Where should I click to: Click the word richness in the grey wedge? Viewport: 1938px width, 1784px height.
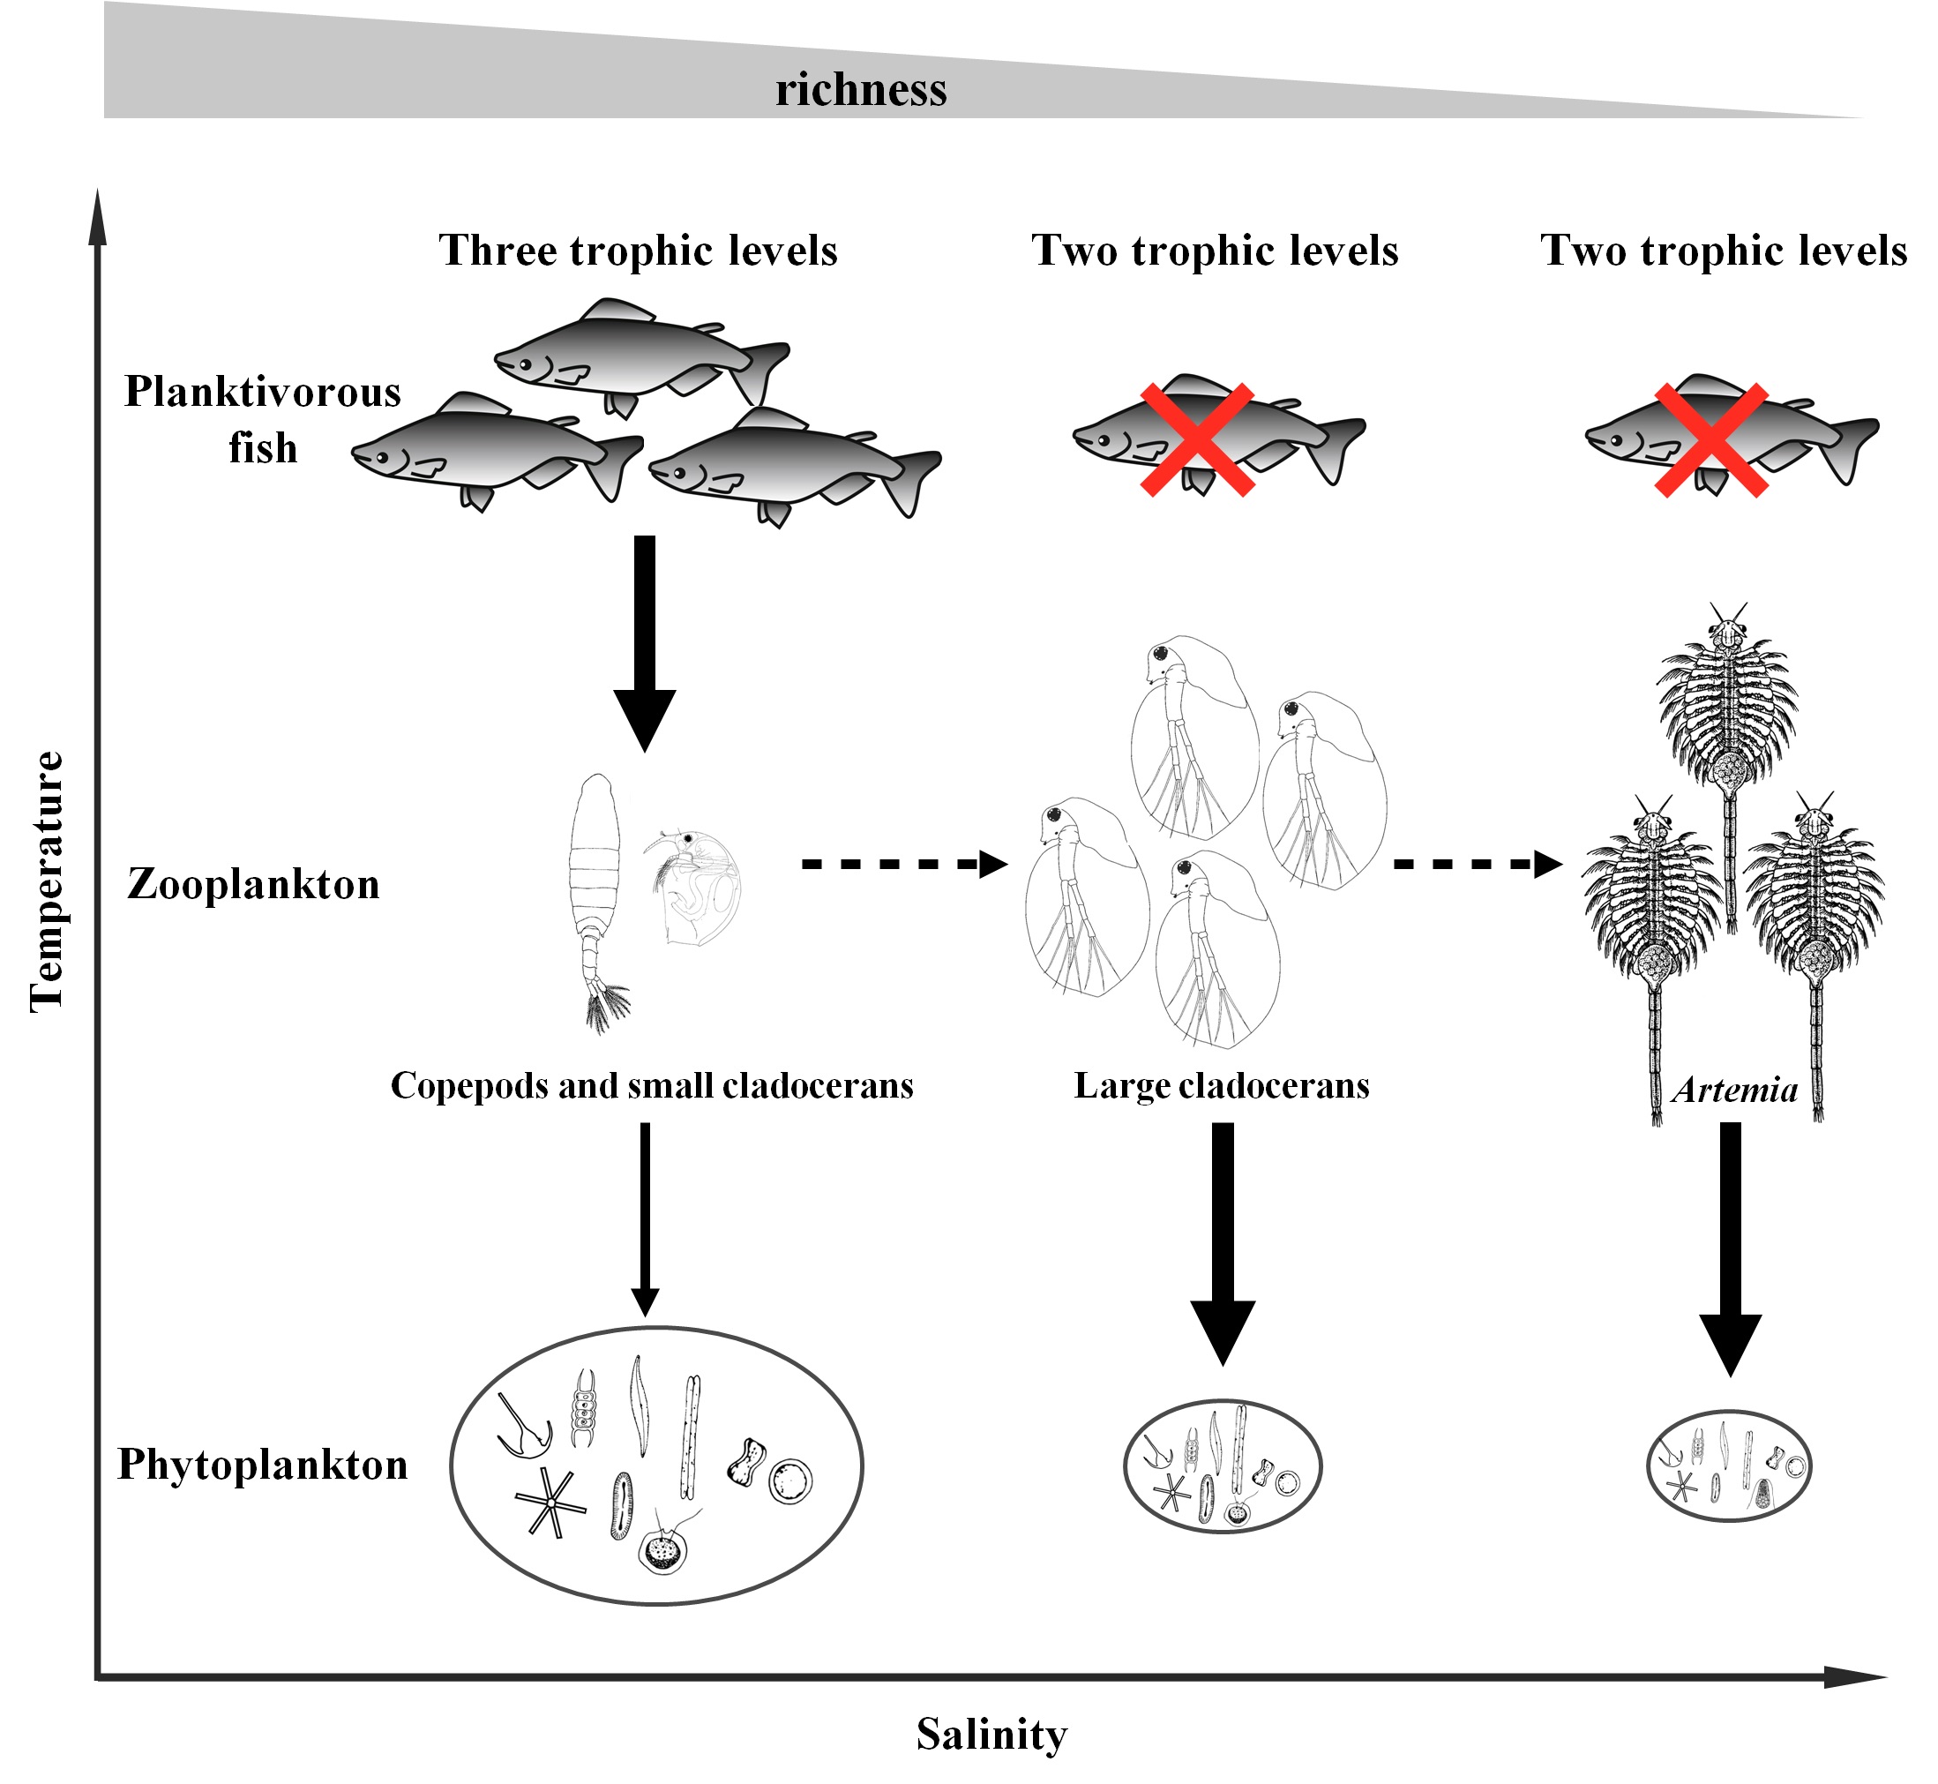[x=861, y=90]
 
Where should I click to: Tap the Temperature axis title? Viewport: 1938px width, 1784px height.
[x=47, y=881]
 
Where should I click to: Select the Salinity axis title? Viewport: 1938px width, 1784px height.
[x=991, y=1734]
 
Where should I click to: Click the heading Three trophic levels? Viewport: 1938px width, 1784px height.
[x=638, y=250]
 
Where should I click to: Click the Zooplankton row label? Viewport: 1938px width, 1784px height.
[x=254, y=884]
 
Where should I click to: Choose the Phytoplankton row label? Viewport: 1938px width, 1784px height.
[x=263, y=1465]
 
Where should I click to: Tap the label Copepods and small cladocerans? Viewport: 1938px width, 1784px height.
[x=652, y=1086]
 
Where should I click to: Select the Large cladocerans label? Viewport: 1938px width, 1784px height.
[x=1221, y=1086]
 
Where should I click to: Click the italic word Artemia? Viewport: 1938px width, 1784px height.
[x=1735, y=1090]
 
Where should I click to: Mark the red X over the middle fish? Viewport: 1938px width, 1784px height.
[x=1197, y=440]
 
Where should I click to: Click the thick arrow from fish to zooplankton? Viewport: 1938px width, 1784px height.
[x=645, y=642]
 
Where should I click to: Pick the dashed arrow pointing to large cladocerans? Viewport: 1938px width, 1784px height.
[x=903, y=864]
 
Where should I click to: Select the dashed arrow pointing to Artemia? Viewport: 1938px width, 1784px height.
[x=1477, y=864]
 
